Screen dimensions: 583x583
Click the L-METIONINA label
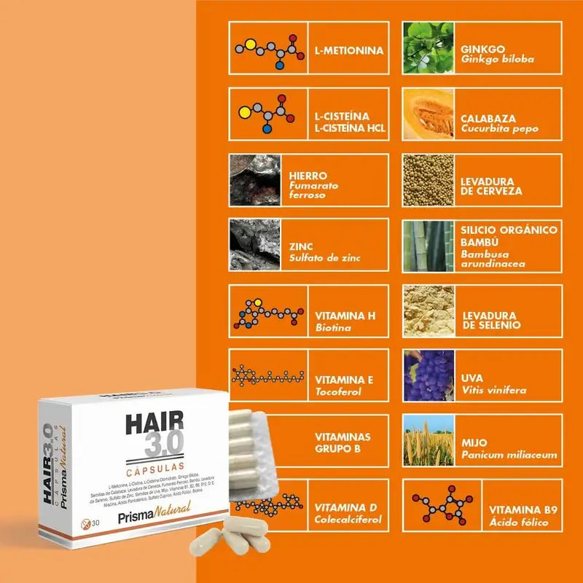348,52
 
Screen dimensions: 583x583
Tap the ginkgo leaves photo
429,47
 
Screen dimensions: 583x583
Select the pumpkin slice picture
429,114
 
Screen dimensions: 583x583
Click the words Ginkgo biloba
497,60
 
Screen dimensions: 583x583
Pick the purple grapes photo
429,375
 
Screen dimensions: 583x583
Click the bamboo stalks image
429,246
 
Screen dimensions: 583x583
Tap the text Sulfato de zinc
324,258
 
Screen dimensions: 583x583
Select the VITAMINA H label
345,316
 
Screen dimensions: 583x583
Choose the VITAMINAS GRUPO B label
343,442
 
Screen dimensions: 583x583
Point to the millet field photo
429,441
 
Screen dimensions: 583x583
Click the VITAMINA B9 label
523,510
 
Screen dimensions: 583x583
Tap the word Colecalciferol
348,520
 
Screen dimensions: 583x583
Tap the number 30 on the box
95,525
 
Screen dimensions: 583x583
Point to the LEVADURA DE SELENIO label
492,319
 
